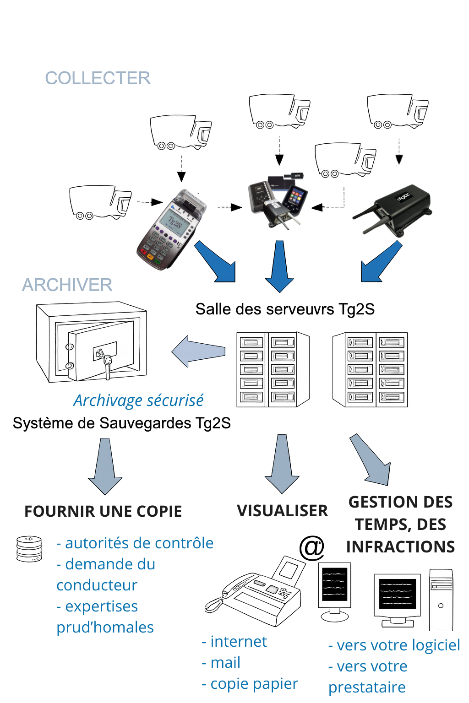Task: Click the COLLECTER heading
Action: pyautogui.click(x=98, y=78)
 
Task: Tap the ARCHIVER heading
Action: pyautogui.click(x=67, y=285)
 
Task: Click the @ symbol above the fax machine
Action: pyautogui.click(x=311, y=547)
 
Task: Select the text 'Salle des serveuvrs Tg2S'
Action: pyautogui.click(x=285, y=309)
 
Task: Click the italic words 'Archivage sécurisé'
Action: pyautogui.click(x=138, y=400)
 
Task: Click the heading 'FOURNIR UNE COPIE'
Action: pyautogui.click(x=103, y=511)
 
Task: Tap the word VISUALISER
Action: pyautogui.click(x=282, y=511)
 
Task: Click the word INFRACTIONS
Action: pyautogui.click(x=400, y=547)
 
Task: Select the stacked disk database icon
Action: pyautogui.click(x=29, y=549)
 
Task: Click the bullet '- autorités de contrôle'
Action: pyautogui.click(x=135, y=543)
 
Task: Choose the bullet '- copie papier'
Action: pyautogui.click(x=250, y=684)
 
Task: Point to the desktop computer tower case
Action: pyautogui.click(x=441, y=600)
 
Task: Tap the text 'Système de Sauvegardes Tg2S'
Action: pyautogui.click(x=122, y=423)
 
